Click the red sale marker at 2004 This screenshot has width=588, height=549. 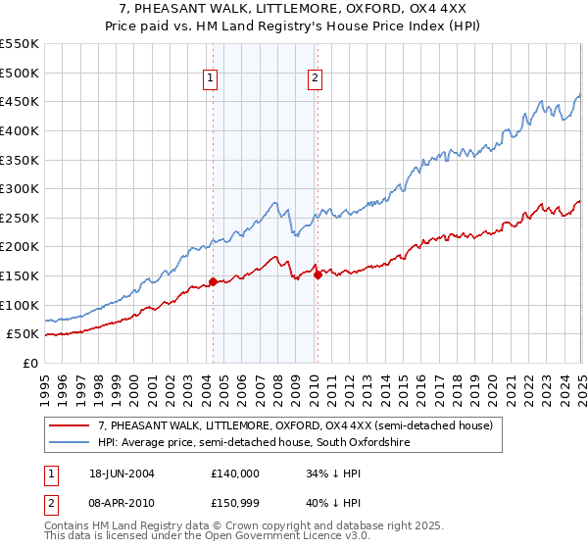coord(213,282)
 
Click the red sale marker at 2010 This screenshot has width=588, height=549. coord(318,275)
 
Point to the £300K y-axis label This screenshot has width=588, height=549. coord(20,188)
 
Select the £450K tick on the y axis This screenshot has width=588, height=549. coord(20,101)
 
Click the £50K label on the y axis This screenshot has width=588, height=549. coord(24,334)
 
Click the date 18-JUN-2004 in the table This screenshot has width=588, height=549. coord(120,473)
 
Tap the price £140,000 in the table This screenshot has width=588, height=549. coord(234,473)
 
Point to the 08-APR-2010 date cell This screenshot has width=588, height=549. coord(120,503)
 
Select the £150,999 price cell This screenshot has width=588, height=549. coord(234,503)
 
